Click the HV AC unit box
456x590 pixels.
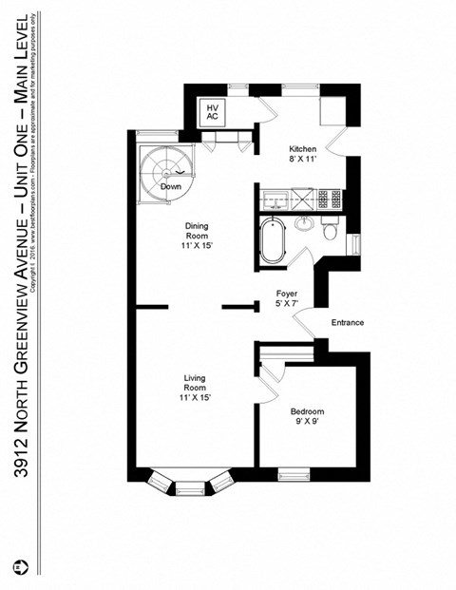click(x=213, y=113)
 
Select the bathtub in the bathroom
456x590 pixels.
click(x=273, y=240)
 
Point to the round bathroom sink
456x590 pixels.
click(x=304, y=224)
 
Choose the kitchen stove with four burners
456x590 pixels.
click(x=330, y=200)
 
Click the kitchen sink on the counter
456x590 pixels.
click(x=276, y=200)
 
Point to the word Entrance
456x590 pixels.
click(x=347, y=323)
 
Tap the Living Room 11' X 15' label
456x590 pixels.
click(x=195, y=389)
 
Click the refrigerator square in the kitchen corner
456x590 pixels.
click(x=332, y=112)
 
